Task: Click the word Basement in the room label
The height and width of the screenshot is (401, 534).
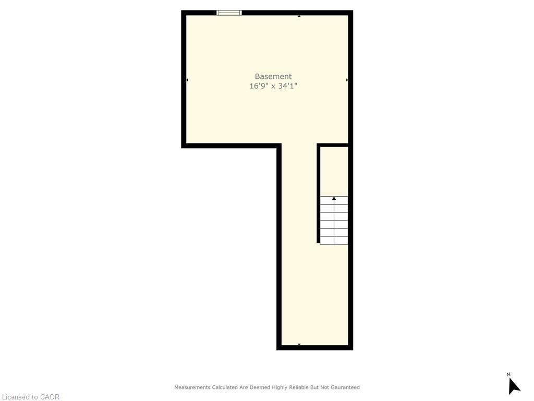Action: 273,76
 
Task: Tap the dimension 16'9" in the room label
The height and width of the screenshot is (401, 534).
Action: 258,86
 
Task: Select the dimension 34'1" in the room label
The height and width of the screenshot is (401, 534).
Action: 287,86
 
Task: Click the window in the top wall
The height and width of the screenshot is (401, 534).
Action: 229,13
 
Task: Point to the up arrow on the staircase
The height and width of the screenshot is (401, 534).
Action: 334,198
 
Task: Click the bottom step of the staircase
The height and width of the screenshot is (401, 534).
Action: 334,240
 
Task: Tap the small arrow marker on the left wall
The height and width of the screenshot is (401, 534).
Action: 187,80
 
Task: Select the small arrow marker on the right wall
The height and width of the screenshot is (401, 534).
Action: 347,80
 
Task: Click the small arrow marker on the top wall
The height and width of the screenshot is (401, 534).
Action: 299,16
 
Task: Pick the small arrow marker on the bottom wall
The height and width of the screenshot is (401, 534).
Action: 299,344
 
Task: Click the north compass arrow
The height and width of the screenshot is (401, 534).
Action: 514,386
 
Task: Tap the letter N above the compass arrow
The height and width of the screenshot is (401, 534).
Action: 508,374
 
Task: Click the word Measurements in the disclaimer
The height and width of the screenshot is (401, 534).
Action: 192,387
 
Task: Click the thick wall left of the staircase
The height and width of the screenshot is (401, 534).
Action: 318,193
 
